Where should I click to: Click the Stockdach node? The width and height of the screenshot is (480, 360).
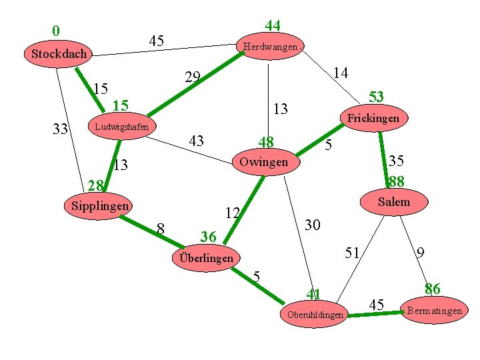[x=59, y=53]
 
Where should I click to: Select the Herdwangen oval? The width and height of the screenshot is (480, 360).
[x=270, y=47]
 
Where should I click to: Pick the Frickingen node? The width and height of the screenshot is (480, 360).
[x=373, y=118]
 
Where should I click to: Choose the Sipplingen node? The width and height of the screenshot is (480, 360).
[x=99, y=206]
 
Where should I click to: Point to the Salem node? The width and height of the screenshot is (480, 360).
[x=393, y=201]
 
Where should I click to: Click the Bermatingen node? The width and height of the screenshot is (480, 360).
[x=434, y=311]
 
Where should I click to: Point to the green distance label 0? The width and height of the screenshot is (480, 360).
[x=56, y=31]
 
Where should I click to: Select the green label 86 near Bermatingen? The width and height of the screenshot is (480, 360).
[x=433, y=289]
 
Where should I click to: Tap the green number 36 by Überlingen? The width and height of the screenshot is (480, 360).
[x=208, y=237]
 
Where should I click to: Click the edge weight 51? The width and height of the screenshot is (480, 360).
[x=352, y=252]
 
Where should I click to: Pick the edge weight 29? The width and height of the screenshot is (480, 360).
[x=193, y=77]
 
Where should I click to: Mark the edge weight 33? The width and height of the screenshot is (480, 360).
[x=61, y=129]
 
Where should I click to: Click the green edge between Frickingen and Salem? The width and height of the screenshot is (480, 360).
[x=383, y=150]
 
